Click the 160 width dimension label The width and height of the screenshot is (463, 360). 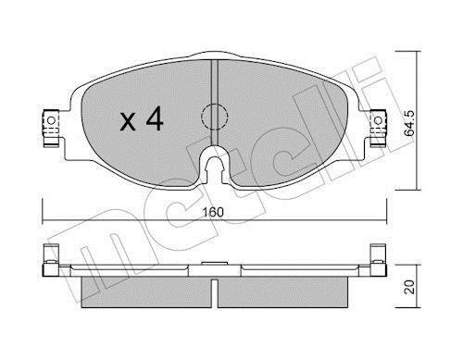[x=213, y=212]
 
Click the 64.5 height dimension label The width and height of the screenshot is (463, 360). [x=409, y=123]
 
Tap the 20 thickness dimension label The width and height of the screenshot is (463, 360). [x=409, y=287]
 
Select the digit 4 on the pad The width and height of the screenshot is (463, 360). [x=155, y=118]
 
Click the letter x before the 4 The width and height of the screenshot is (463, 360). [x=128, y=121]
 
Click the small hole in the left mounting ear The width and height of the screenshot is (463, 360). [x=52, y=120]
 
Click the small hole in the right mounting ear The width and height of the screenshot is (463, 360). [x=378, y=120]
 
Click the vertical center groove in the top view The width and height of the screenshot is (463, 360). [x=215, y=103]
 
